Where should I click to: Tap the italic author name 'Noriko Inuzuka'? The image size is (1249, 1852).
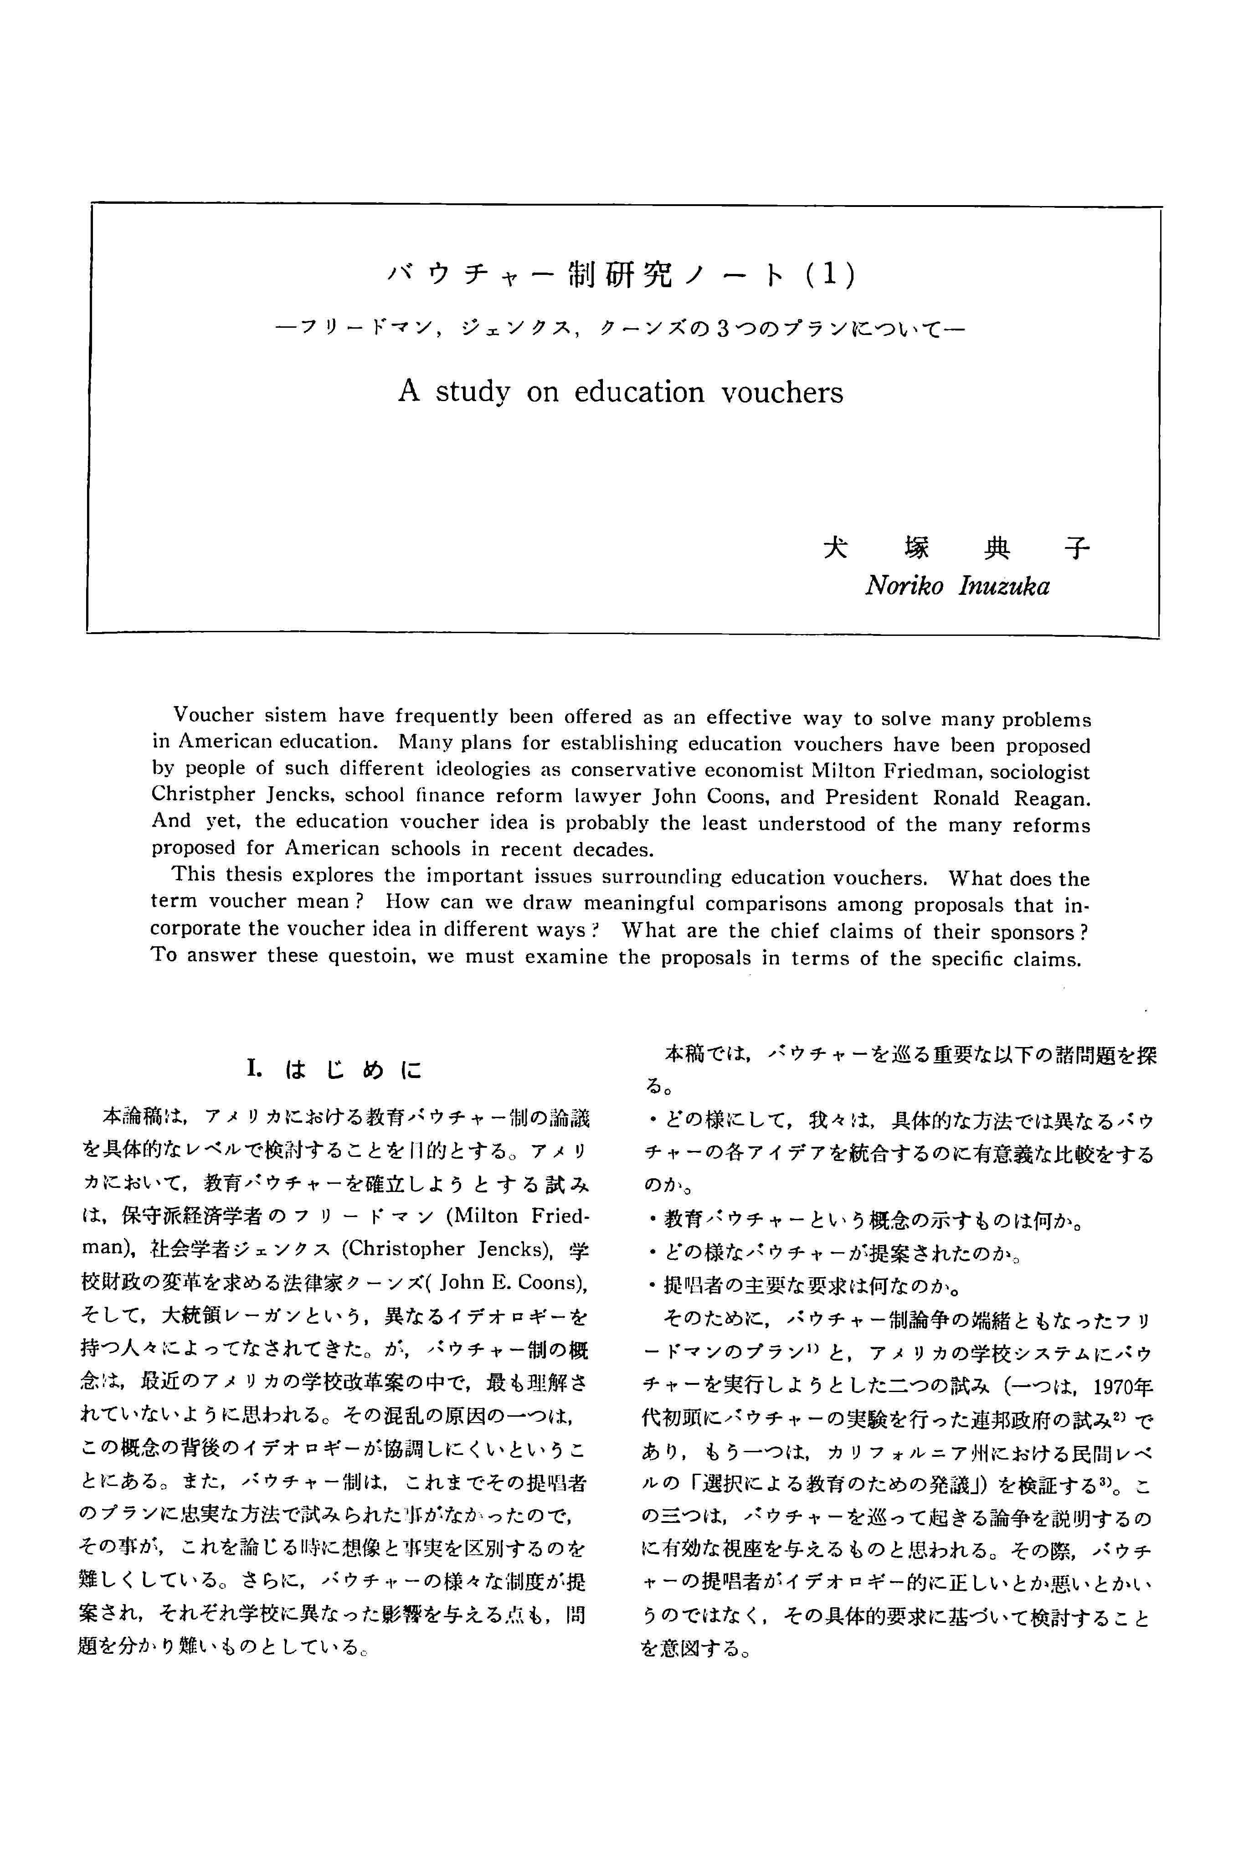click(x=956, y=587)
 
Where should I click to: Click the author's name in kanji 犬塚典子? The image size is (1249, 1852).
click(x=956, y=548)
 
